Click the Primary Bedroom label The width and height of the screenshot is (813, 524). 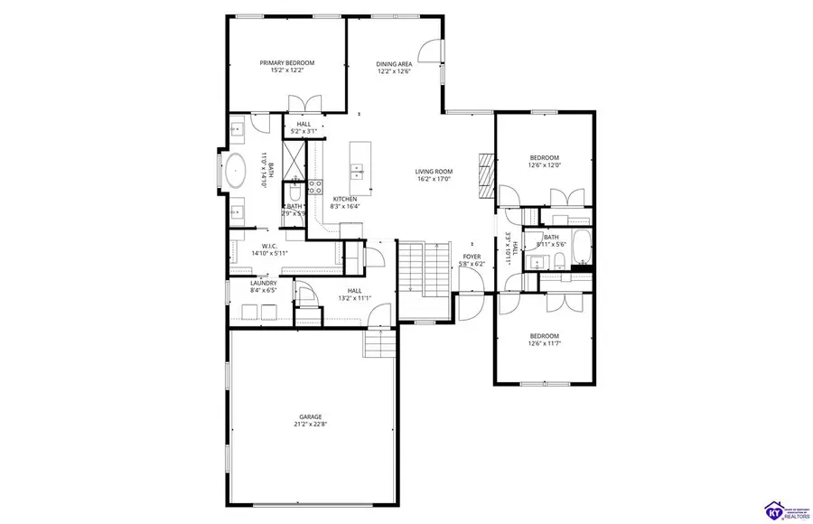click(286, 62)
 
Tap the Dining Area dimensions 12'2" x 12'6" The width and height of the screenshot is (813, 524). click(395, 71)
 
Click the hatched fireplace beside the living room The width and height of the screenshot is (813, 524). click(486, 174)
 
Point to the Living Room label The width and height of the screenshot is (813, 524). click(434, 172)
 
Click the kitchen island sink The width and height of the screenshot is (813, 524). click(357, 168)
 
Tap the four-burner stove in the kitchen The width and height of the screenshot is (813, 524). click(316, 187)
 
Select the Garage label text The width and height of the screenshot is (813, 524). click(310, 416)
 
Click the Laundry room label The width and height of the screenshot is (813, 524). click(263, 283)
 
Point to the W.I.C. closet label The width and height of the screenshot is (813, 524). click(268, 245)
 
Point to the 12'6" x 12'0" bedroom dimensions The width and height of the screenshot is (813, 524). click(545, 165)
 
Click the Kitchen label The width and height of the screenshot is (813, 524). click(345, 199)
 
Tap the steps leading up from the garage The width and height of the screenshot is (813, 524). click(378, 343)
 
